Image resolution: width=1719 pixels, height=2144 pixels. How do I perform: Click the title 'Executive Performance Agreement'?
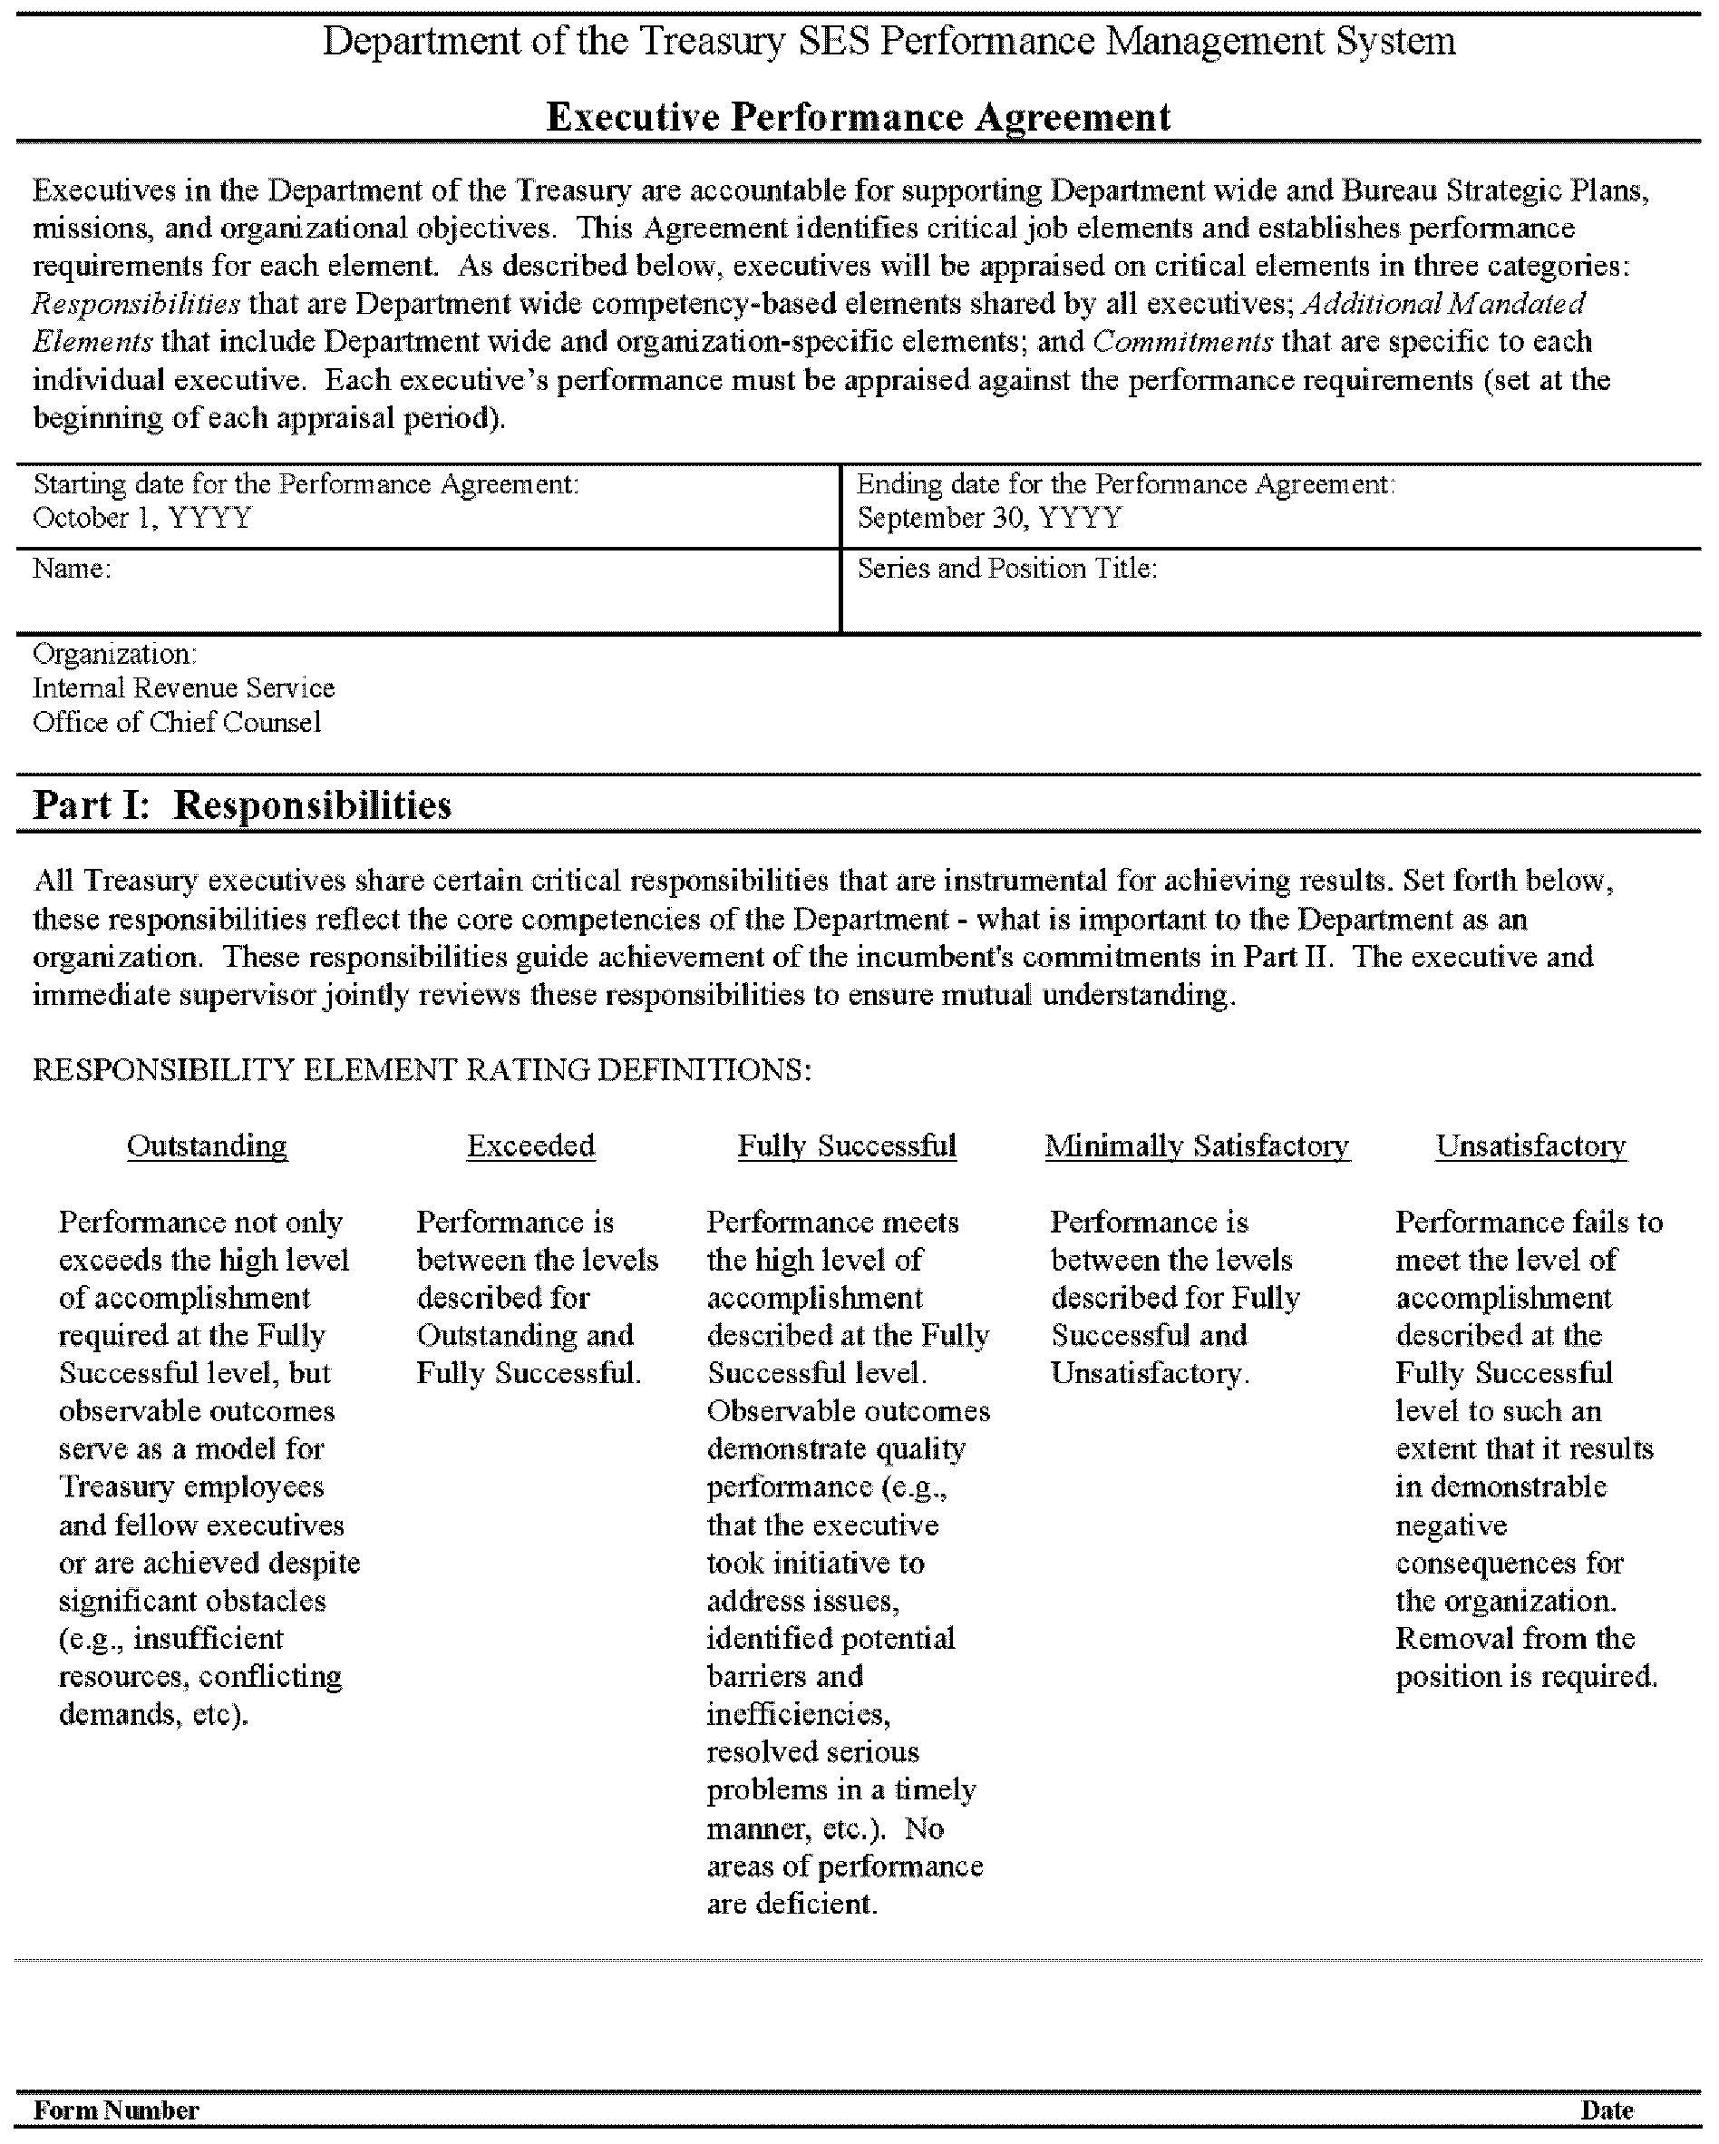[858, 117]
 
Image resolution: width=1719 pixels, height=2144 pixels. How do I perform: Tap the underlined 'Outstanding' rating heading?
[207, 1145]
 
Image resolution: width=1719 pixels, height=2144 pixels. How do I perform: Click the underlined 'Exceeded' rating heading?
[531, 1145]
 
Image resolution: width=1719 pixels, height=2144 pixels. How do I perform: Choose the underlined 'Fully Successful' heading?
[846, 1145]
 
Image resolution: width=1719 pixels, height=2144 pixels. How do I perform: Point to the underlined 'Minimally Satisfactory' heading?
[1197, 1145]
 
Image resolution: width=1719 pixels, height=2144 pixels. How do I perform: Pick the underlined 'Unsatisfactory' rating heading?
[1531, 1145]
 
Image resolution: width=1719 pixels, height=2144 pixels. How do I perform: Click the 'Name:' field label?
[72, 569]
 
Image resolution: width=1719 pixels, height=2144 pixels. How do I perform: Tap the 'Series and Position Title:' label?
[1007, 569]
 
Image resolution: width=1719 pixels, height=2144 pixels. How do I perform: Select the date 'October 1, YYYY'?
[142, 518]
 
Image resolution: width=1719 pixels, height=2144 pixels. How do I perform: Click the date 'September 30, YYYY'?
[989, 518]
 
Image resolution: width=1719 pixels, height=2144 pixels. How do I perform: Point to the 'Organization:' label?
[114, 654]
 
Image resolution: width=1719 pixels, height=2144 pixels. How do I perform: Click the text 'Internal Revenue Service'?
[183, 688]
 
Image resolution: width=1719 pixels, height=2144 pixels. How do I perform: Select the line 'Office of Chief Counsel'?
[176, 722]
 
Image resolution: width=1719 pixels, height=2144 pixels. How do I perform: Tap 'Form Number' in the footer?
[116, 2110]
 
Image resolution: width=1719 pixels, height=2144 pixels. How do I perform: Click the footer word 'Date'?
[1607, 2110]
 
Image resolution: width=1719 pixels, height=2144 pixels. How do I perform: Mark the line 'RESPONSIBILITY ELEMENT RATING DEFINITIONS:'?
[422, 1070]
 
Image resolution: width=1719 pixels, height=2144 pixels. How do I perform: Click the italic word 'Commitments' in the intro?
[1182, 342]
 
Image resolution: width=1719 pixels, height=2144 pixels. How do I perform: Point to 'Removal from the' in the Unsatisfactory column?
[1515, 1638]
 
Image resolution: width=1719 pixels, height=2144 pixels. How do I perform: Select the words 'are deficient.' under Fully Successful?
[792, 1904]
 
